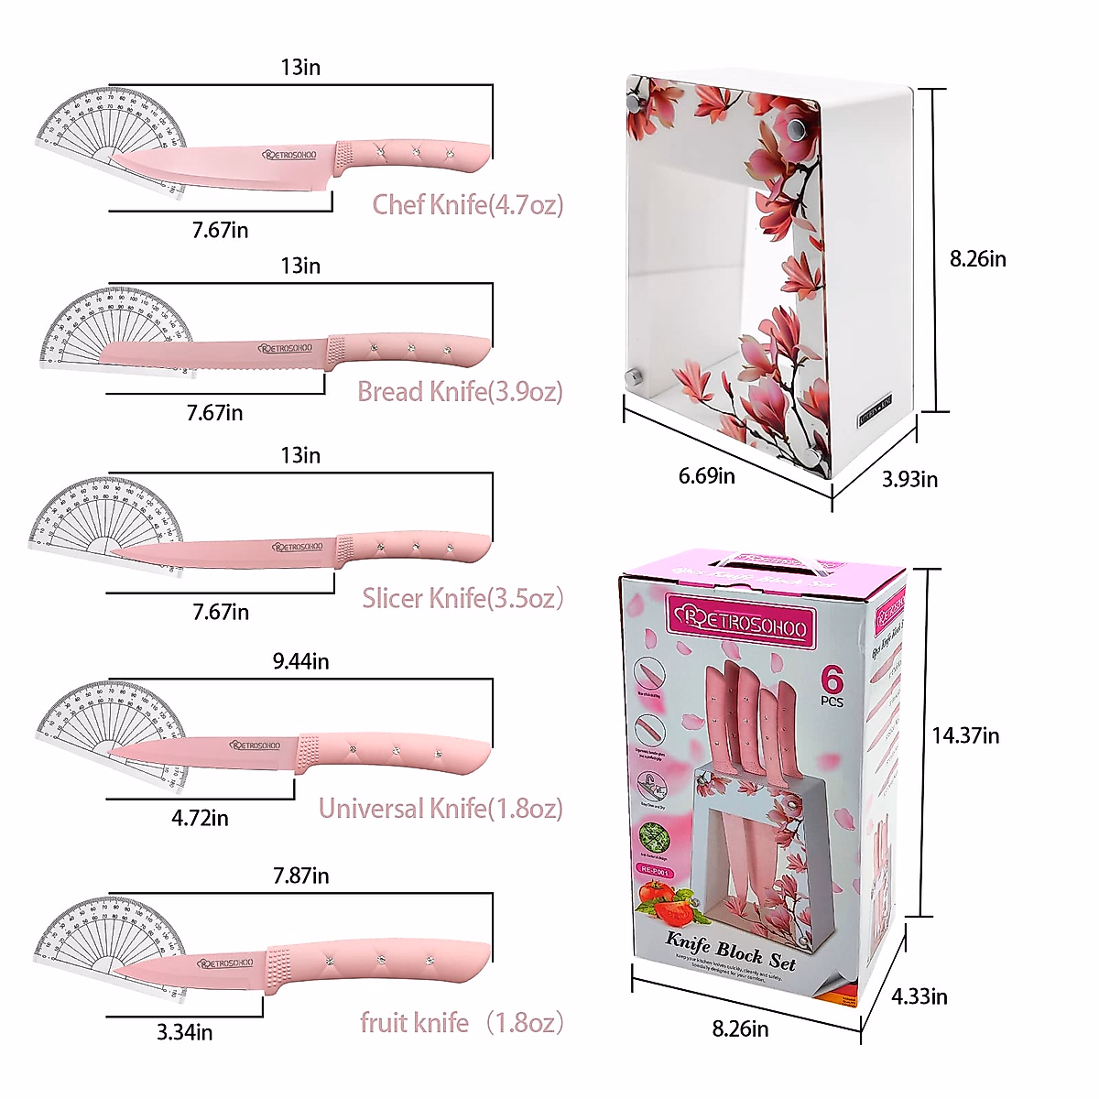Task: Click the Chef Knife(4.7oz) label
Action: point(467,204)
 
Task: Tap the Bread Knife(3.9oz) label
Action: point(460,392)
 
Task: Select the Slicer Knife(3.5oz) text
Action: point(462,599)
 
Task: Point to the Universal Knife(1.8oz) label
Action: point(441,809)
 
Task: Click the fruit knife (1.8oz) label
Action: point(461,1023)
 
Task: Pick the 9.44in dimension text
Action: point(300,661)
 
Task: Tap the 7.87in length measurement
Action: point(300,876)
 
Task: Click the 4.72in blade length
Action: point(200,818)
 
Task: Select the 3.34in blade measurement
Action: point(184,1032)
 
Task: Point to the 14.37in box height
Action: point(965,735)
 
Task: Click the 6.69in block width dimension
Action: point(706,476)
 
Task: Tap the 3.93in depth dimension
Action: point(909,479)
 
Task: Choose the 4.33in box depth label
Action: point(919,996)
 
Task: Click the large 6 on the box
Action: point(832,680)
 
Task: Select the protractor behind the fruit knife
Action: point(105,939)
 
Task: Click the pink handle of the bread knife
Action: point(408,350)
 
